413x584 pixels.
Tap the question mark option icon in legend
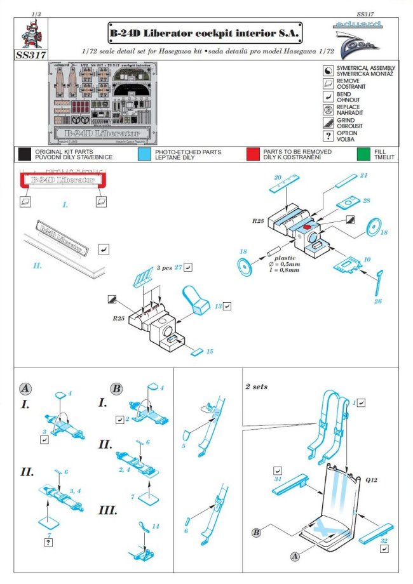[x=328, y=135]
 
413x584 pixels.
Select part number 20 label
[x=278, y=176]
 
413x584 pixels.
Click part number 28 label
[x=367, y=200]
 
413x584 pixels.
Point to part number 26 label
[x=378, y=300]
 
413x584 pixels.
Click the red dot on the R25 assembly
[x=306, y=225]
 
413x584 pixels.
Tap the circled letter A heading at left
[x=24, y=387]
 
